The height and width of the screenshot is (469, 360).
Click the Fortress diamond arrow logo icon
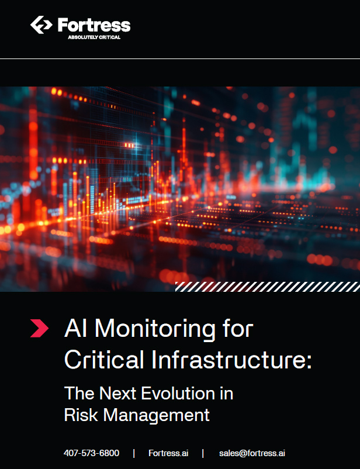(41, 25)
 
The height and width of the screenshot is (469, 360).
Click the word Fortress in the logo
(94, 25)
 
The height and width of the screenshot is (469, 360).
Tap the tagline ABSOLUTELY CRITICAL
(94, 37)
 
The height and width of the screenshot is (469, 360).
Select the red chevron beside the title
(39, 329)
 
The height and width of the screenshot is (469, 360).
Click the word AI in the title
(74, 329)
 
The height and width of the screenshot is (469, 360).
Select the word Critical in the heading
(104, 359)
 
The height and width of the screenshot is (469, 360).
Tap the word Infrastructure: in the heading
(232, 359)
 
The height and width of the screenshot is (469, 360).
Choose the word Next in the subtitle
(117, 393)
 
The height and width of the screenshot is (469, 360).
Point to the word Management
(157, 416)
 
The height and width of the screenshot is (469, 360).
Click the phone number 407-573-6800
(92, 453)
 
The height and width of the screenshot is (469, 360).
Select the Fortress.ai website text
(168, 453)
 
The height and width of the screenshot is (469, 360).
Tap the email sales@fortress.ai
(252, 453)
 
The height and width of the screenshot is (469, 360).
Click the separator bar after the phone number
(134, 453)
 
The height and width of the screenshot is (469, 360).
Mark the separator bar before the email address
(203, 453)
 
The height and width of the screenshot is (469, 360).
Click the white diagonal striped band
(268, 287)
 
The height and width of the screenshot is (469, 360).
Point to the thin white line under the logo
(180, 59)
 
